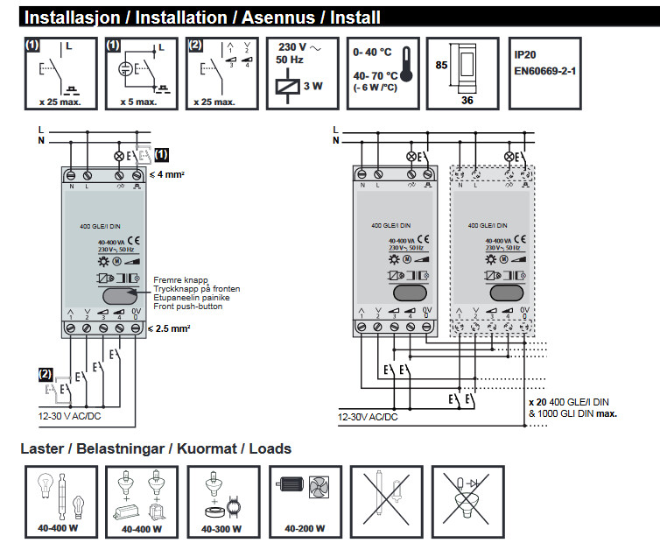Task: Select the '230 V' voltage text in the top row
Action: tap(291, 46)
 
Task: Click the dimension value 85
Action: tap(441, 64)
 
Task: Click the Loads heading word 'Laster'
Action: tap(45, 449)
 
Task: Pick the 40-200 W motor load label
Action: tap(304, 528)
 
